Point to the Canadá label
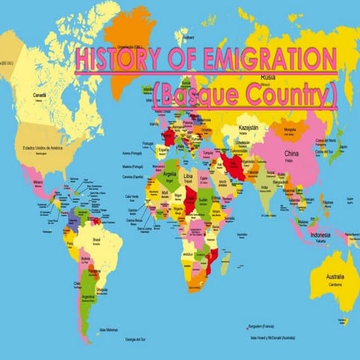point(39,95)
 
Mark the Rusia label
point(267,77)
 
